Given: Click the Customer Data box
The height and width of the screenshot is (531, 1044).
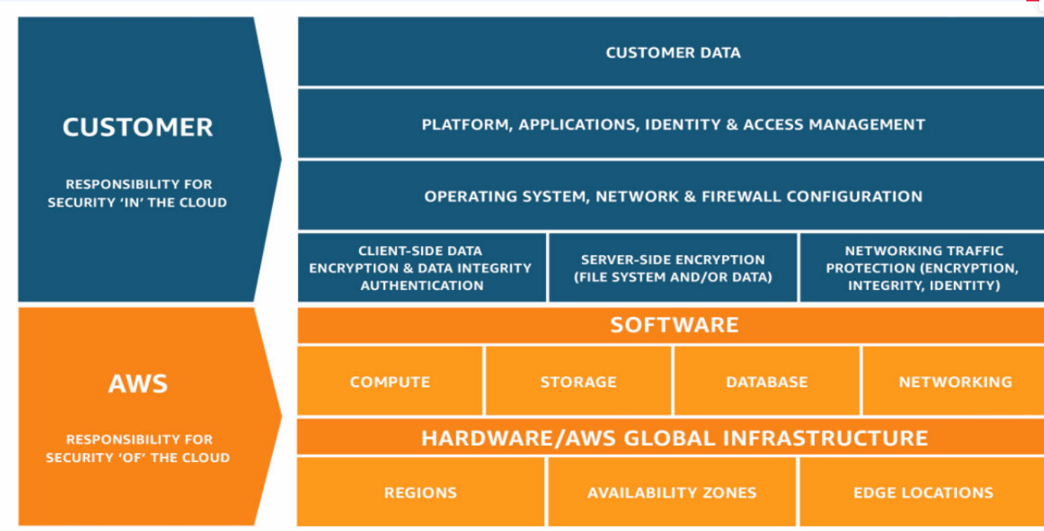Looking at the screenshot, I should (673, 53).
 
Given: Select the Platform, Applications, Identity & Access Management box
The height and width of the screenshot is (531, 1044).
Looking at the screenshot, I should (673, 124).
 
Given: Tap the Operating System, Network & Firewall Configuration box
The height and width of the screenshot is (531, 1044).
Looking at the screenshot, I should (673, 196).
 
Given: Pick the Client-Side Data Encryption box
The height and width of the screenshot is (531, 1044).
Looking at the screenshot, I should (420, 268).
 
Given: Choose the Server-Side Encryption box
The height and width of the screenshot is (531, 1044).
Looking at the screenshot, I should (673, 268).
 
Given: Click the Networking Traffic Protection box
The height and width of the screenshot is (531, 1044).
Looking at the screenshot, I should (923, 268).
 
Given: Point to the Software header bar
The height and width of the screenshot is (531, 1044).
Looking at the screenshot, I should (674, 325).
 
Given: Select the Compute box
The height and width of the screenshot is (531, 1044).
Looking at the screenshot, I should (390, 382).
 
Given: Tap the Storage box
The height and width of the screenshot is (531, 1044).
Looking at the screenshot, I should (578, 382).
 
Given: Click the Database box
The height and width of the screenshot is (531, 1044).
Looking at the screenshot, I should (766, 382).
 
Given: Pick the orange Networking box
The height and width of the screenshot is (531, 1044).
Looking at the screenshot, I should (955, 382).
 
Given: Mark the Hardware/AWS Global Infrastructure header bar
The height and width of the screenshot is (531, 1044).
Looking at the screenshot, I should (674, 437).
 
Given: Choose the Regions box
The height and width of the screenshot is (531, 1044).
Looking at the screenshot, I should (420, 492).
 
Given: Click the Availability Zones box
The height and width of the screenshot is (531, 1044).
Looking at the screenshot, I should (671, 492).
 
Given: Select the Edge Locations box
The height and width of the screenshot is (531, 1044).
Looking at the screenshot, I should (923, 492).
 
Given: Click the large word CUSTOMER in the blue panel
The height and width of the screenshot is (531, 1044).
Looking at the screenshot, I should (138, 127).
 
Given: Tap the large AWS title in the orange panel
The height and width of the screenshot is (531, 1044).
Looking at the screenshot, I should (138, 384).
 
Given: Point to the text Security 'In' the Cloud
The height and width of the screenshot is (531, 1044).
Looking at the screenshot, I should (137, 203).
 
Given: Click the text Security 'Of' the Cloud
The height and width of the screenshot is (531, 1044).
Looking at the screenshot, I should (137, 457).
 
